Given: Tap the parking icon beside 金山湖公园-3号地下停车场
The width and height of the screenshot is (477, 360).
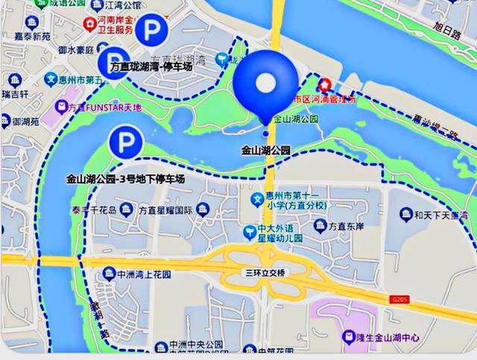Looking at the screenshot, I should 125,142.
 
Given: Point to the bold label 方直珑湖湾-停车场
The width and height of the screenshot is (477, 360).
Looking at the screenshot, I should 151,67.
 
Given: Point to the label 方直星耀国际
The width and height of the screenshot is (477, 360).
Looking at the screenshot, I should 165,210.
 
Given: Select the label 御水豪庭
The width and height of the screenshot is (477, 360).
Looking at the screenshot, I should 77,50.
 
